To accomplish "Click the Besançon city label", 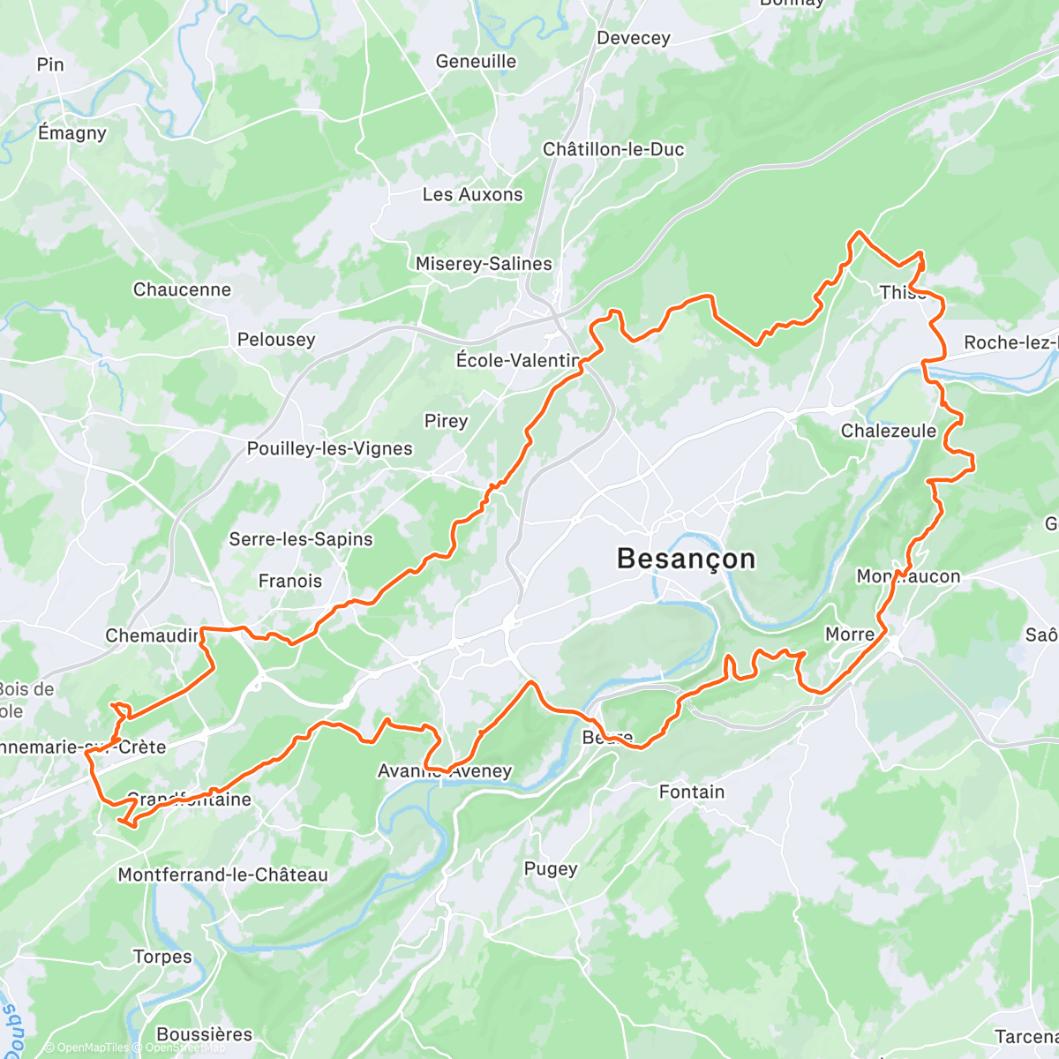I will click(686, 559).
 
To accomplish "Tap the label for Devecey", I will click(633, 38).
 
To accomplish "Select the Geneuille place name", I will click(476, 62).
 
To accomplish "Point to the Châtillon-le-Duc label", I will click(613, 149).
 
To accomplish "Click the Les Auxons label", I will click(472, 195).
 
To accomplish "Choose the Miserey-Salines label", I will click(484, 264).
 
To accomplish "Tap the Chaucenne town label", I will click(182, 289).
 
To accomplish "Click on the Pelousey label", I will click(276, 340).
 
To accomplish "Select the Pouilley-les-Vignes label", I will click(329, 448).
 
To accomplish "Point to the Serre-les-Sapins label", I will click(301, 539).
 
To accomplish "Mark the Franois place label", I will click(290, 581).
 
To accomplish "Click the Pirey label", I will click(446, 421).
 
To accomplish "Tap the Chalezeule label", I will click(889, 431).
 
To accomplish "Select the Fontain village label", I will click(692, 792).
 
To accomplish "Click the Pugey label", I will click(551, 868).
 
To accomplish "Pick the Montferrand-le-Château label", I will click(222, 875).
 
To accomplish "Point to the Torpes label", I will click(162, 957).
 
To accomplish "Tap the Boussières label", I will click(204, 1033).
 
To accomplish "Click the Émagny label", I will click(72, 133).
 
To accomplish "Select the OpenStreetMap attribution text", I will click(184, 1048).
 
